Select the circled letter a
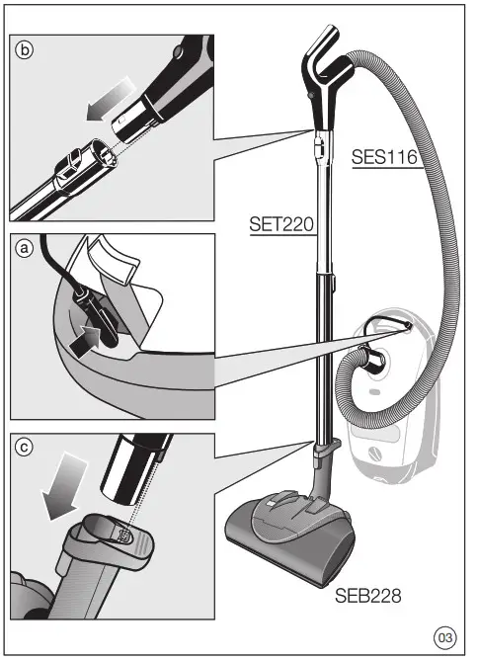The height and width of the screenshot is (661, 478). [25, 251]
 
